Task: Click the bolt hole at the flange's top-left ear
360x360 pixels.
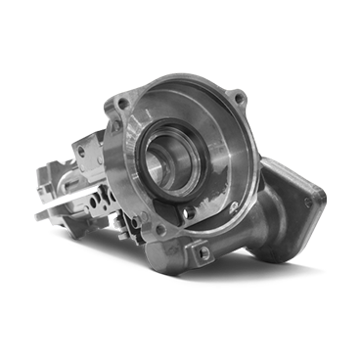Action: tap(121, 101)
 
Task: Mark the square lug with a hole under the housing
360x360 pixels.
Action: tap(203, 253)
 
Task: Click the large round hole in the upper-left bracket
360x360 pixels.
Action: tap(86, 152)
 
